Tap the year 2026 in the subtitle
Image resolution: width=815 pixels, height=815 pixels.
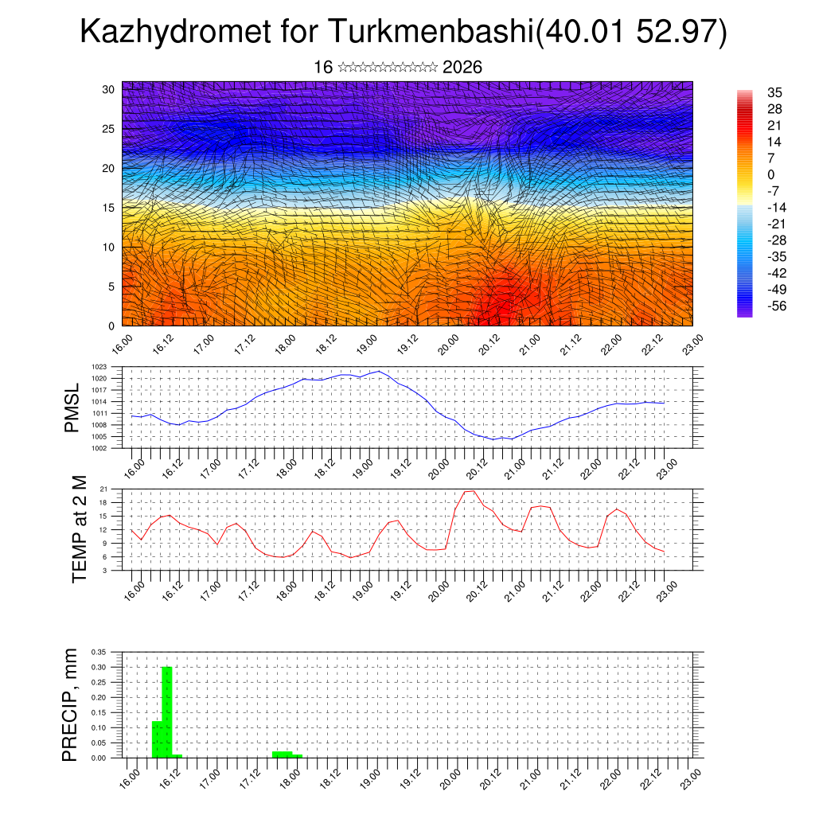[462, 68]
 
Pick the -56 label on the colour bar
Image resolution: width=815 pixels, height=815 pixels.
[774, 306]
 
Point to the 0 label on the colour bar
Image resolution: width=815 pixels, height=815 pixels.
[770, 174]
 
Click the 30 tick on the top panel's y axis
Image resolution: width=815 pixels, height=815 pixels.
[108, 89]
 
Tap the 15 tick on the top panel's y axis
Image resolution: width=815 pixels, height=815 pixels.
[108, 208]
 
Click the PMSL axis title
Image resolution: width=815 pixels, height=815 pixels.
[72, 407]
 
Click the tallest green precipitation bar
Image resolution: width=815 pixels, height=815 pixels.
[167, 712]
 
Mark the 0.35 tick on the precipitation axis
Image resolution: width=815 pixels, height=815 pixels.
[98, 652]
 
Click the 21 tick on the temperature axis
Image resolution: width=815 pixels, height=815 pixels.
[103, 489]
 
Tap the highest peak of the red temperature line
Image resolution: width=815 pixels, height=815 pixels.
[470, 491]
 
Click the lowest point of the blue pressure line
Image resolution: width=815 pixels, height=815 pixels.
[493, 439]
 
